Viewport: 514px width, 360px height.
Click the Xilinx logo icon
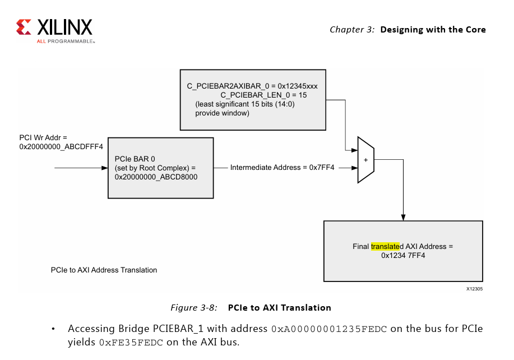click(x=24, y=27)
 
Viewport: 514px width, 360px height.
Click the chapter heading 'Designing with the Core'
click(x=433, y=30)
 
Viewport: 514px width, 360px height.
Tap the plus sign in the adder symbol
click(x=366, y=160)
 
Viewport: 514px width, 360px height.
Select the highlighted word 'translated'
click(x=385, y=246)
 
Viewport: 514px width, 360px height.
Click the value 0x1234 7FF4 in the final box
click(x=403, y=255)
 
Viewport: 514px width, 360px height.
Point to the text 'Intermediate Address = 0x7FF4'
click(x=282, y=167)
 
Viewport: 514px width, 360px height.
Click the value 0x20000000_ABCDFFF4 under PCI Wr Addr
click(x=61, y=146)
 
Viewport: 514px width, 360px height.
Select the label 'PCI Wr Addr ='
click(x=43, y=137)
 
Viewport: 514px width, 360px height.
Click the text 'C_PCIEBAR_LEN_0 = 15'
click(x=263, y=95)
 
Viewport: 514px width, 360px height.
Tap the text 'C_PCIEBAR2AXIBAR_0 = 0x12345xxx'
click(x=252, y=87)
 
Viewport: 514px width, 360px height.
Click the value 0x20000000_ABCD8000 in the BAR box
click(x=156, y=177)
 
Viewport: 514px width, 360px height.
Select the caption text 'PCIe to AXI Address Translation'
click(x=104, y=270)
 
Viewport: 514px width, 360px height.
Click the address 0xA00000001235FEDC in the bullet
click(x=329, y=329)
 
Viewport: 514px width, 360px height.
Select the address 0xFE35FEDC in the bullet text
click(x=131, y=341)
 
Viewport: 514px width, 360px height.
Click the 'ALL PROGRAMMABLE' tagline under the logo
click(x=66, y=41)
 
